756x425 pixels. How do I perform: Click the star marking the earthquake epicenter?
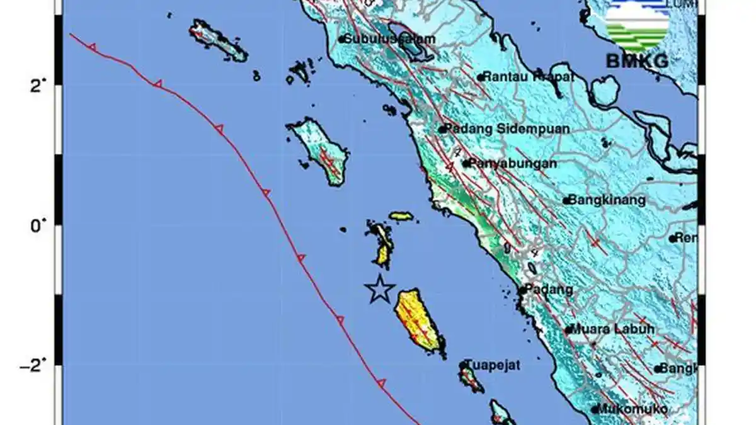tap(380, 289)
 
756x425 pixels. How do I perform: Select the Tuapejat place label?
tap(494, 365)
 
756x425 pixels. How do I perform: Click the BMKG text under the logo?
tap(637, 60)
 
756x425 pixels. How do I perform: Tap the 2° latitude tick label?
tap(38, 86)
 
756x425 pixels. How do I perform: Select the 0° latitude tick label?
tap(38, 225)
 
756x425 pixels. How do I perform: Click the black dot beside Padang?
tap(523, 290)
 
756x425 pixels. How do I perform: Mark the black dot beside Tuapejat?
tap(463, 365)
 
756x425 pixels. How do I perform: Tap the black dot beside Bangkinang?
tap(566, 201)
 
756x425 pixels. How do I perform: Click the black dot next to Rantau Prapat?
tap(480, 77)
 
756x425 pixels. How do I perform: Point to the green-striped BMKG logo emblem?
tap(637, 25)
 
